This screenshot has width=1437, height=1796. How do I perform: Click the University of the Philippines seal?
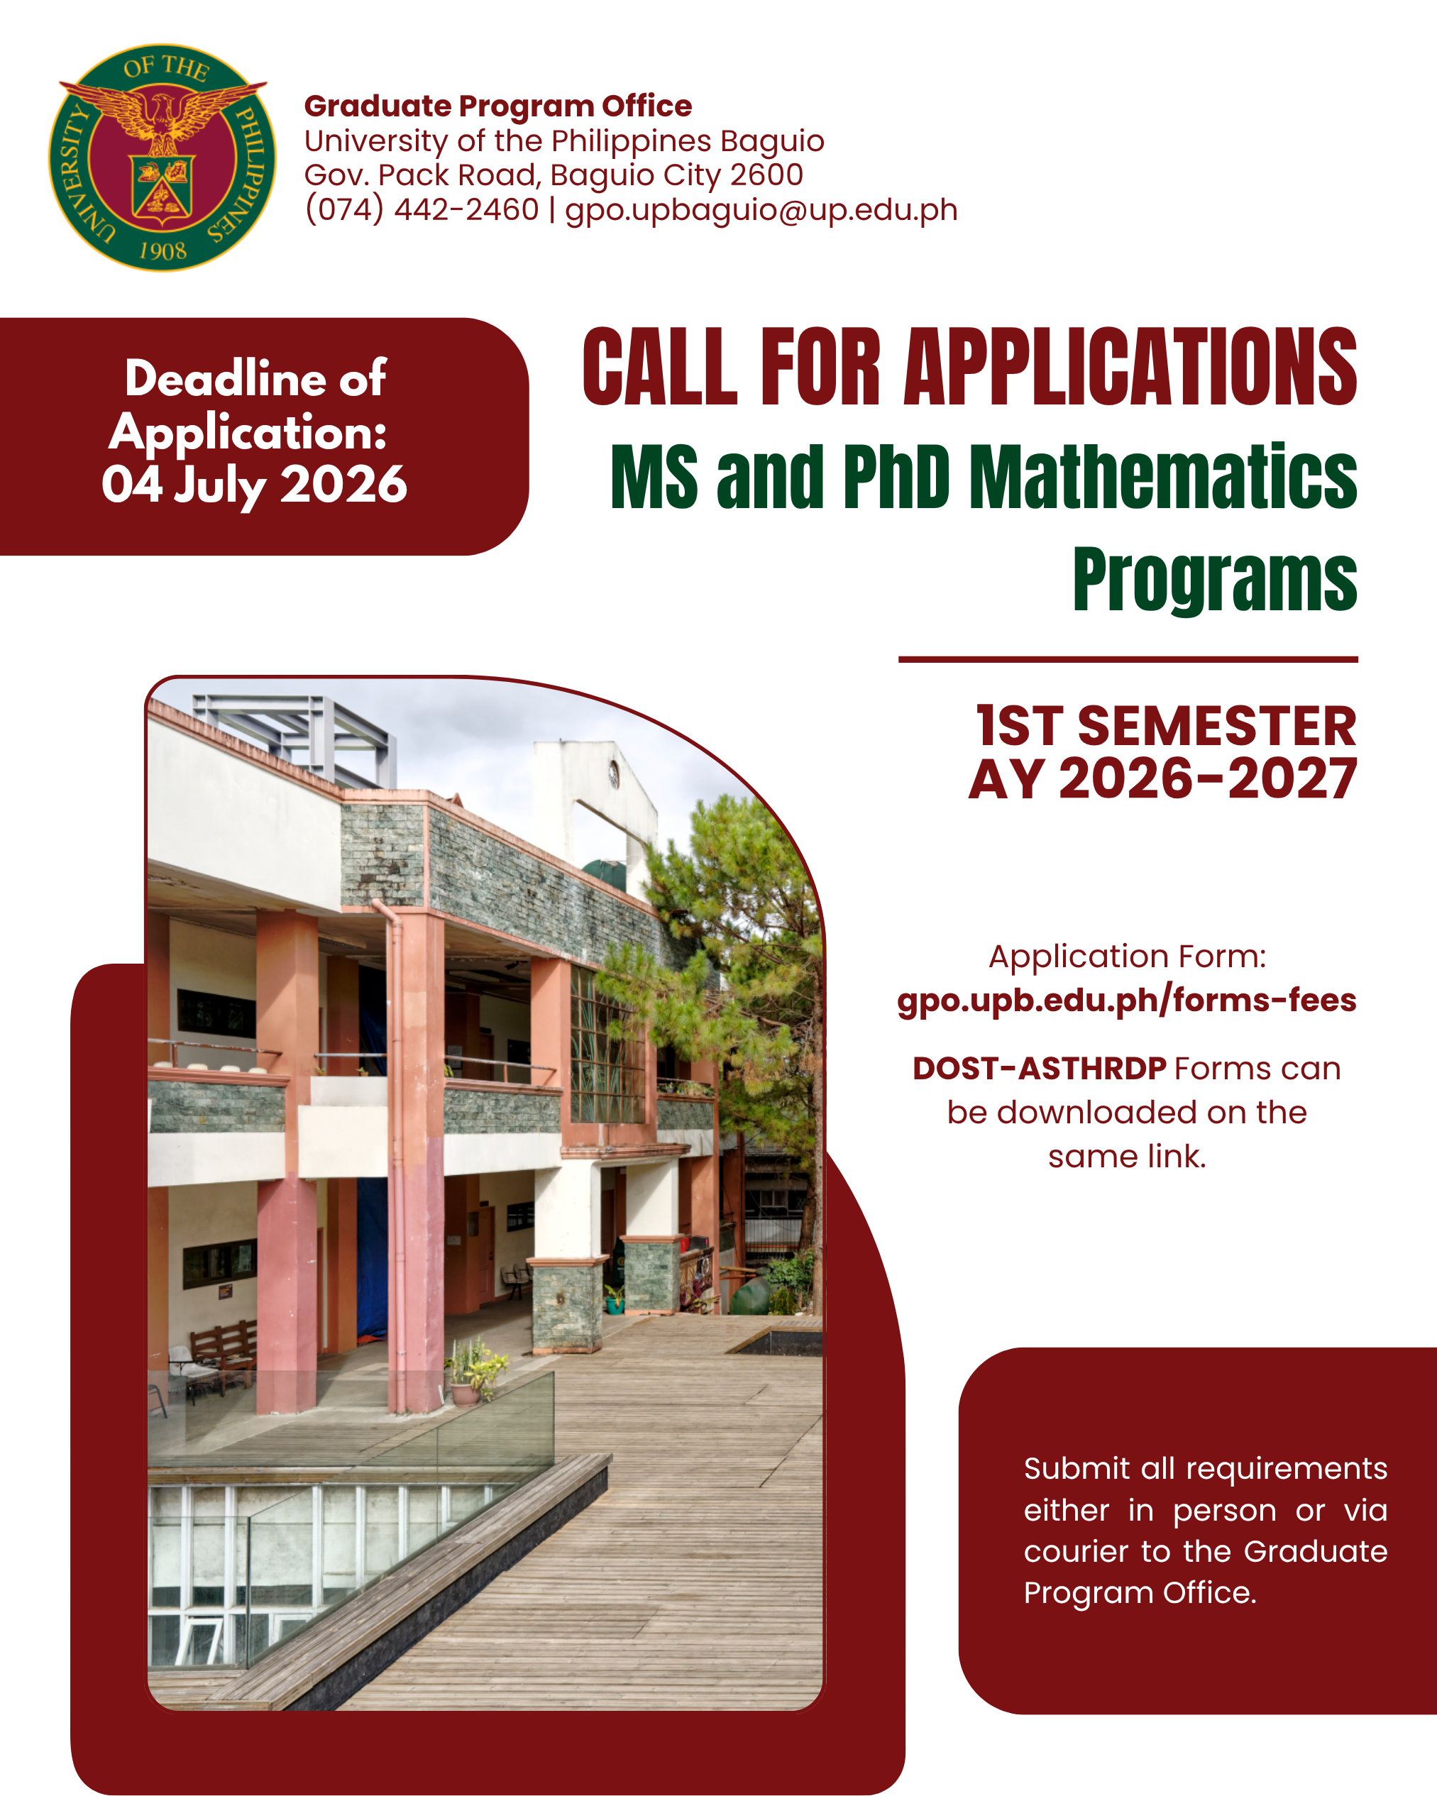pyautogui.click(x=163, y=158)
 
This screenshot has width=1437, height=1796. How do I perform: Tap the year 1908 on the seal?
pyautogui.click(x=163, y=250)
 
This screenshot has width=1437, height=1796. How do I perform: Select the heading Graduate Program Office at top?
pyautogui.click(x=497, y=106)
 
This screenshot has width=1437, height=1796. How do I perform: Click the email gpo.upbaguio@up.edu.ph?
pyautogui.click(x=761, y=209)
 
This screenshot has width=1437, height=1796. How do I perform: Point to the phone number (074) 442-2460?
pyautogui.click(x=422, y=209)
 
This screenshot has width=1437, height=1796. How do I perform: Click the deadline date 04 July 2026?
pyautogui.click(x=254, y=485)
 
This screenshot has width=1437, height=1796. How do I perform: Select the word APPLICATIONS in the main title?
pyautogui.click(x=1130, y=367)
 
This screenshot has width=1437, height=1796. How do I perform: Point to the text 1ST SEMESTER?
pyautogui.click(x=1165, y=725)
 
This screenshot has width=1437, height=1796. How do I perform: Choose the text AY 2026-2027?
pyautogui.click(x=1162, y=780)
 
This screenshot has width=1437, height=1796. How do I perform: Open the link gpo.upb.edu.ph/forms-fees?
pyautogui.click(x=1126, y=1000)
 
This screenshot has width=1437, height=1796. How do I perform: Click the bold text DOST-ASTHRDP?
pyautogui.click(x=1039, y=1069)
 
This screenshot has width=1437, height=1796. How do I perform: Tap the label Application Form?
pyautogui.click(x=1126, y=957)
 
